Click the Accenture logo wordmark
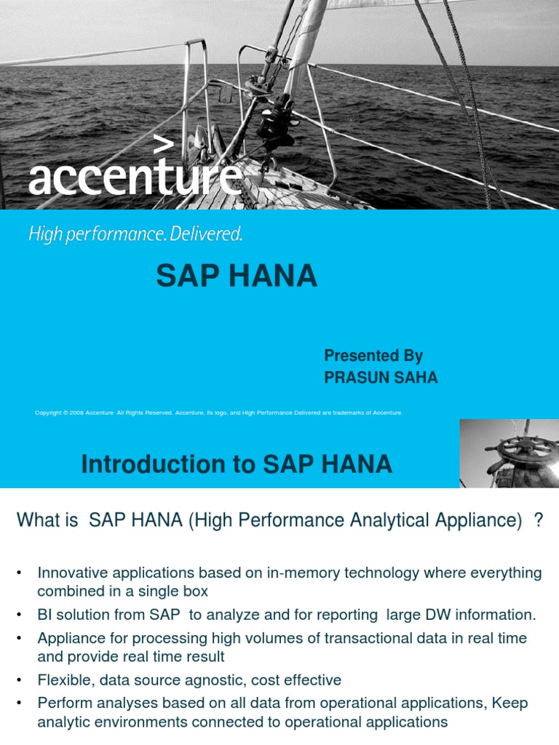pos(135,177)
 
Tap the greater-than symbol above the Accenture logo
pos(165,146)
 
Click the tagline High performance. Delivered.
pos(135,234)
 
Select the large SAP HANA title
pos(237,276)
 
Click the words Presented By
pos(373,356)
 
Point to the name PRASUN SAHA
pos(381,378)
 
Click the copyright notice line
pos(218,413)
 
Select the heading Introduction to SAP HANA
pos(237,464)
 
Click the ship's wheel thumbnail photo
pos(509,453)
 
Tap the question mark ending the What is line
pos(538,520)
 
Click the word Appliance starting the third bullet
pos(70,638)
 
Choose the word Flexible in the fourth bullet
pos(63,680)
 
